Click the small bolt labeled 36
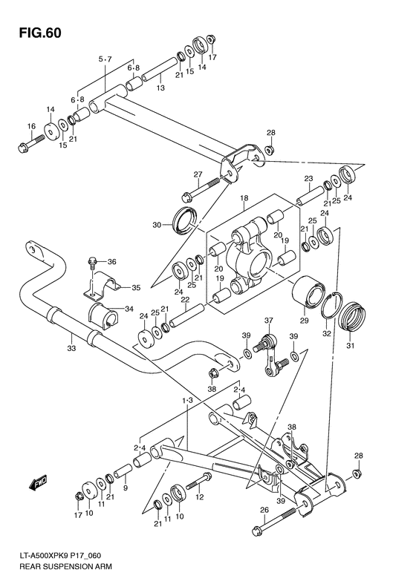(93, 261)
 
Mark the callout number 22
(186, 301)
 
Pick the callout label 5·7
(104, 59)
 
